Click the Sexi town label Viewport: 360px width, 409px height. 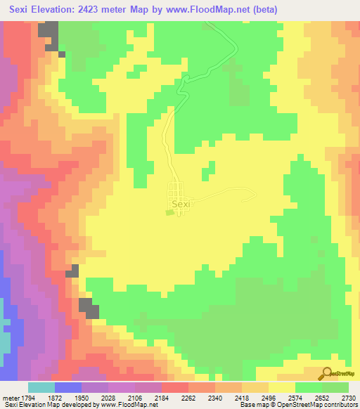tap(181, 204)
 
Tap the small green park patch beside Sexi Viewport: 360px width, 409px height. tap(168, 211)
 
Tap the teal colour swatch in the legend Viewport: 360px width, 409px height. tap(41, 387)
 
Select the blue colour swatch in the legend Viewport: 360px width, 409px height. tap(68, 387)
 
